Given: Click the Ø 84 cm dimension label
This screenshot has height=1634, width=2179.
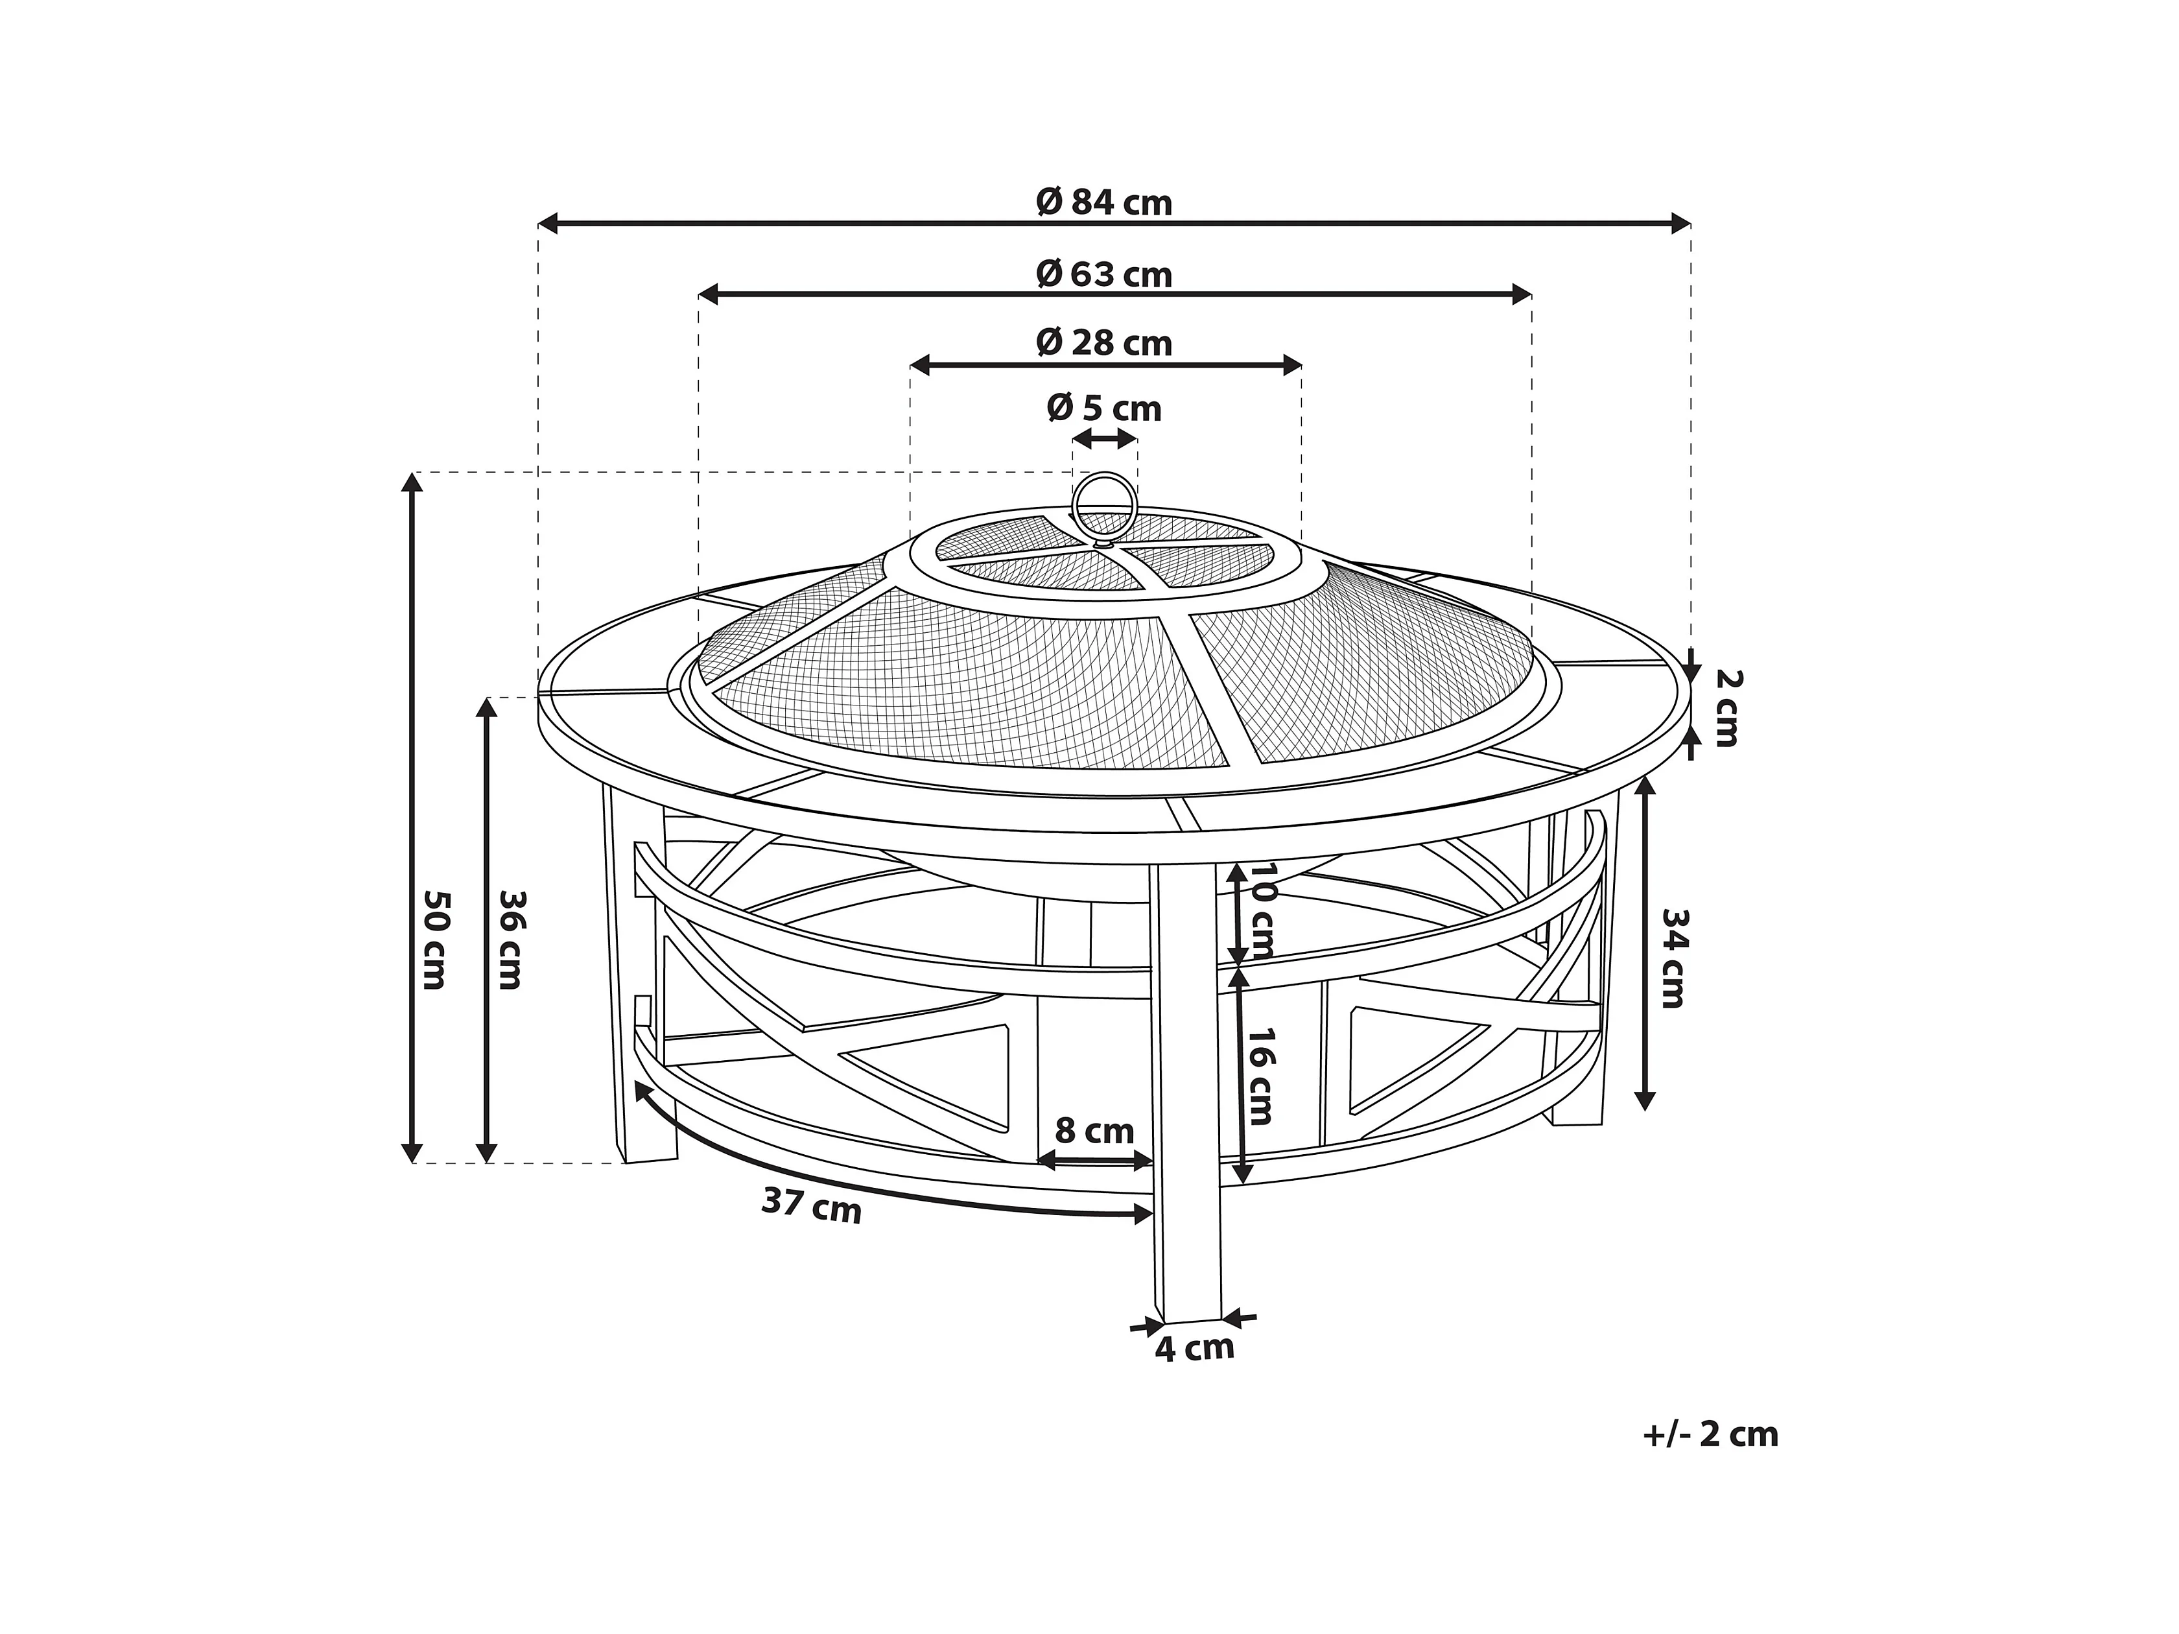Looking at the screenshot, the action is [1104, 202].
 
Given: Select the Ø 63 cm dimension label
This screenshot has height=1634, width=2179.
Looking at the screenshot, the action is [1104, 274].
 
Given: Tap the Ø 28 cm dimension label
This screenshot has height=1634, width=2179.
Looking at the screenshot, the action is [1104, 343].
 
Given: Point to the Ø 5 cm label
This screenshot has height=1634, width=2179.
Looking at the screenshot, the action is [1104, 407].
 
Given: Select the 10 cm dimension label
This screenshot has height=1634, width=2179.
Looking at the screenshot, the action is [1262, 911].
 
